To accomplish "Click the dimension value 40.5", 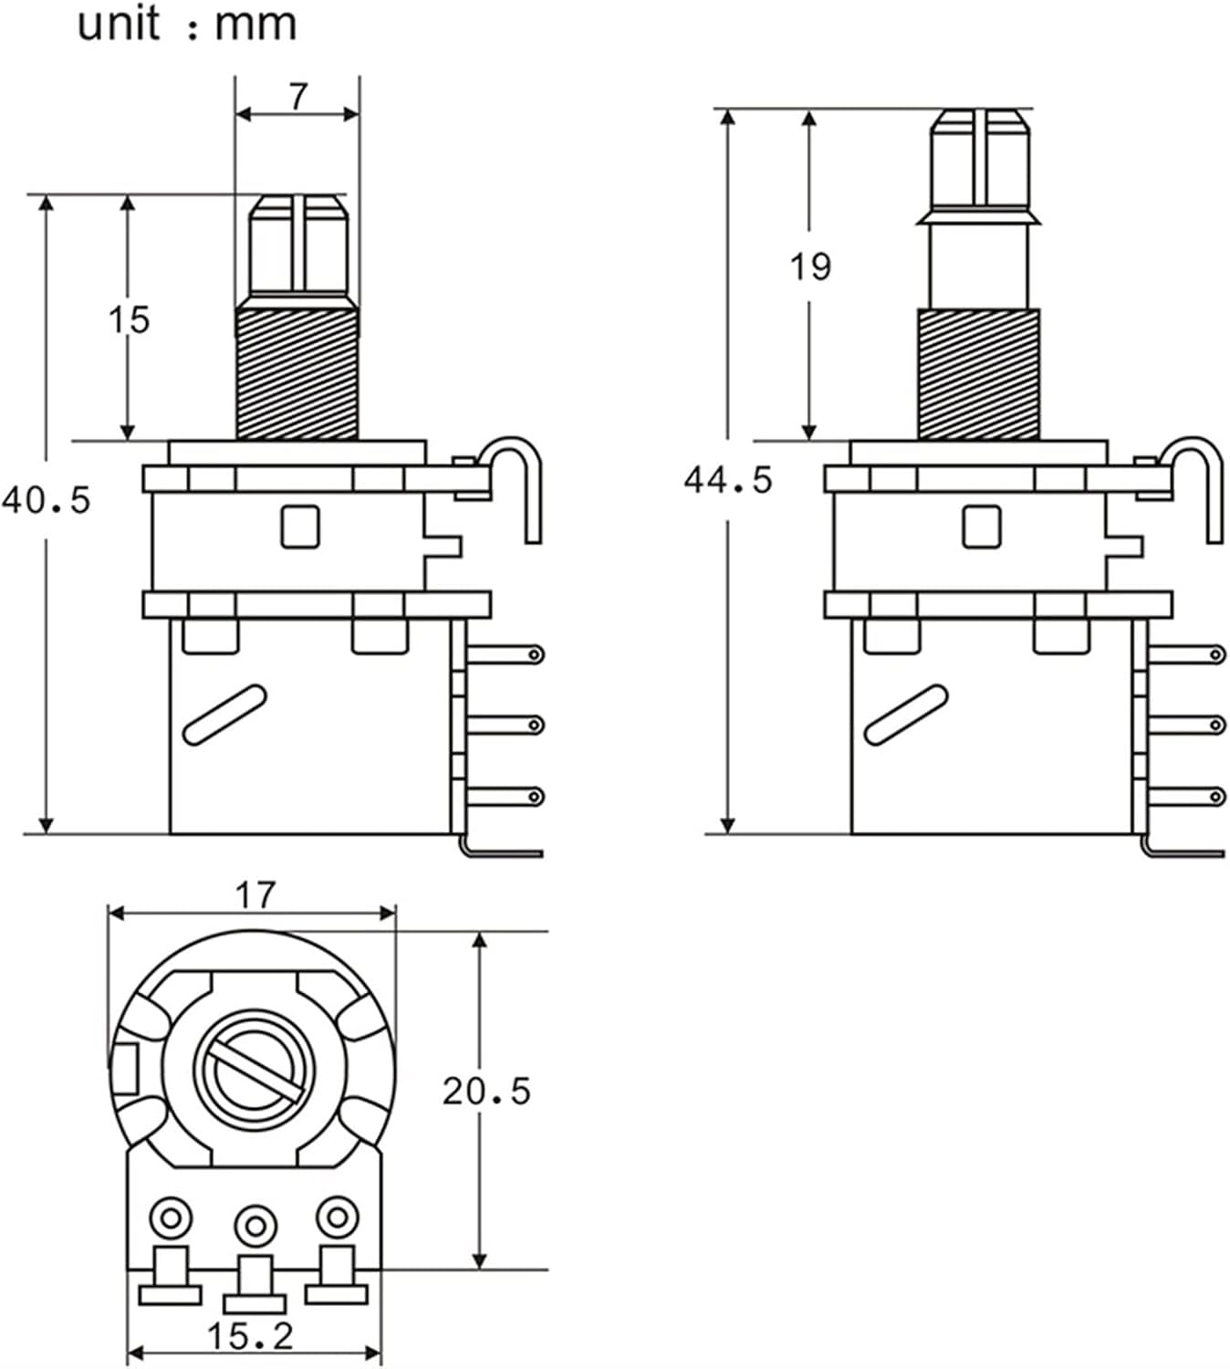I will pos(47,500).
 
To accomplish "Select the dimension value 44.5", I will pos(728,480).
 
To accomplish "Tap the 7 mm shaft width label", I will pos(298,97).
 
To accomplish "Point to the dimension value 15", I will pos(128,320).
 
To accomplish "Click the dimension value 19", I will pos(810,266).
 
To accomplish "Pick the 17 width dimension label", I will pos(254,896).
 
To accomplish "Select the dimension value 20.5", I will pos(486,1091).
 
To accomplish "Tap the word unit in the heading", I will pos(119,25).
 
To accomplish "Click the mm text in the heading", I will pos(255,25).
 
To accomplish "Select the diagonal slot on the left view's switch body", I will pos(224,715).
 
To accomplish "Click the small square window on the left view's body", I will pos(299,527).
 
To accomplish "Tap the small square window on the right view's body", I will pos(981,527).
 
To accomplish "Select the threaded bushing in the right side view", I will pos(978,374).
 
